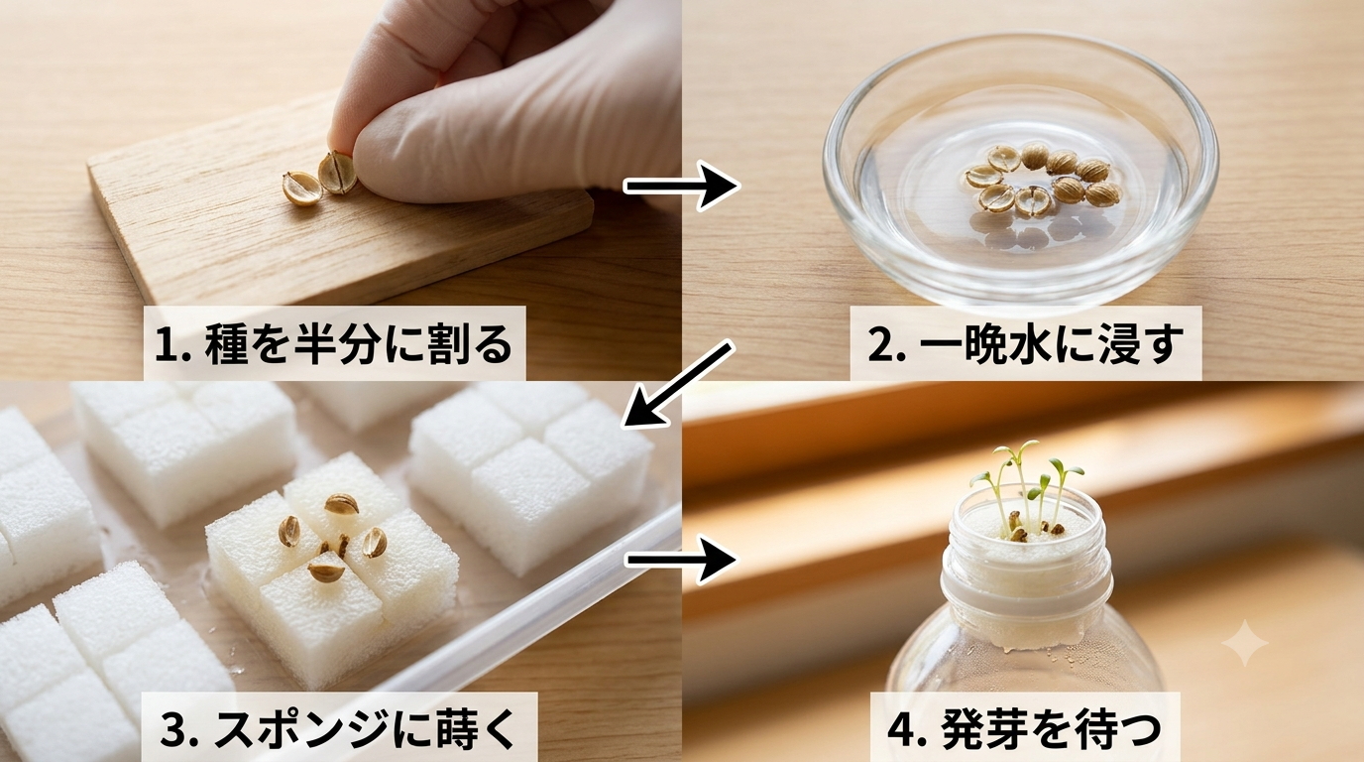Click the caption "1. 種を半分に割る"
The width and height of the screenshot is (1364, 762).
334,345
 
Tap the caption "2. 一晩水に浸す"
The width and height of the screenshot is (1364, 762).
1025,345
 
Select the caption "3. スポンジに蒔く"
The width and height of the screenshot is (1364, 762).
339,729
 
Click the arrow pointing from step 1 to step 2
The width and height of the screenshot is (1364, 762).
681,186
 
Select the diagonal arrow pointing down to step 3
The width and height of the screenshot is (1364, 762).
676,384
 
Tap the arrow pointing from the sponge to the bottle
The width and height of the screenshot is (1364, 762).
682,559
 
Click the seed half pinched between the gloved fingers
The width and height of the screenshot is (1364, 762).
337,173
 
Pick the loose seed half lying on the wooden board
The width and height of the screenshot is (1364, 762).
300,189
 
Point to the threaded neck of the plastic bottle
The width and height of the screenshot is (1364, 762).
1027,567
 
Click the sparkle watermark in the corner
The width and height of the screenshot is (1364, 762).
1245,643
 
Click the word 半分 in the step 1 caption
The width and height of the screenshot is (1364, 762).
335,345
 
